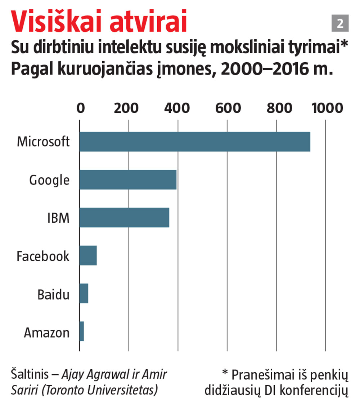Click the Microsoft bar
pyautogui.click(x=195, y=142)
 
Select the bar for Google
pyautogui.click(x=128, y=179)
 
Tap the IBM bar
pyautogui.click(x=124, y=217)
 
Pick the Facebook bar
pyautogui.click(x=88, y=255)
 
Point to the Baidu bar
pyautogui.click(x=84, y=293)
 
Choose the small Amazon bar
pyautogui.click(x=82, y=331)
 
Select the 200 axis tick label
pyautogui.click(x=129, y=108)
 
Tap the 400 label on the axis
pyautogui.click(x=178, y=108)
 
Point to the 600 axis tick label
pyautogui.click(x=227, y=108)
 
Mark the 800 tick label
pyautogui.click(x=276, y=108)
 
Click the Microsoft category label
pyautogui.click(x=43, y=142)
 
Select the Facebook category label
pyautogui.click(x=43, y=256)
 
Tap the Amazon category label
pyautogui.click(x=47, y=333)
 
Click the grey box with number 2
pyautogui.click(x=340, y=24)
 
